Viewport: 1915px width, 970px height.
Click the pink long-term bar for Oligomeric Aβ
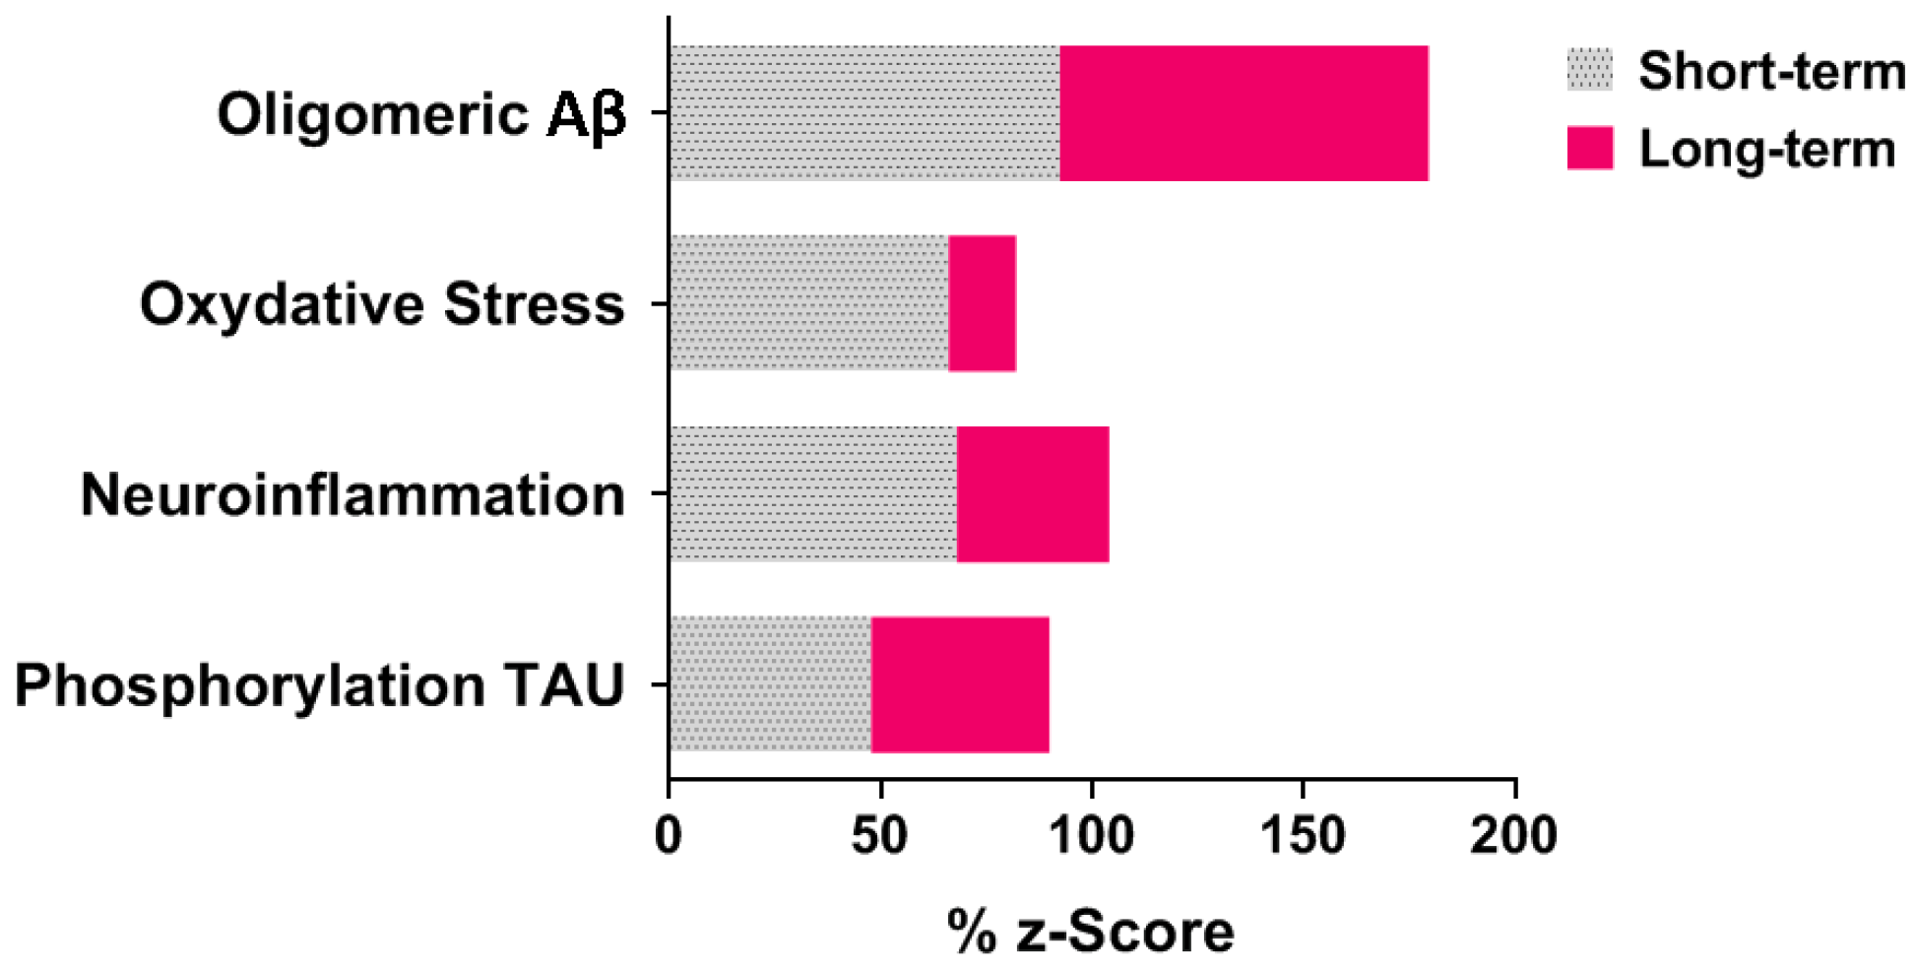click(1244, 113)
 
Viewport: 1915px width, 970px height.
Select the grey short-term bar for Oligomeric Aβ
click(864, 113)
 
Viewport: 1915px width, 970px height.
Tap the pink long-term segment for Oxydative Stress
click(983, 303)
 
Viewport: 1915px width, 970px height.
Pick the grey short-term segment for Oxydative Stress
click(808, 303)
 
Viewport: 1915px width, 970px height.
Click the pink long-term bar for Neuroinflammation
click(1033, 494)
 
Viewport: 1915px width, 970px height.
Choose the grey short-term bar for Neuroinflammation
click(812, 494)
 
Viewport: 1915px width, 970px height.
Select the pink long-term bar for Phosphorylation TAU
click(960, 684)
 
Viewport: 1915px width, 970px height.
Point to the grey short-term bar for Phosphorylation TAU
click(770, 684)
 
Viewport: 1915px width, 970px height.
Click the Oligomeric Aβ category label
click(421, 115)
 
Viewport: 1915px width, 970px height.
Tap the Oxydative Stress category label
click(382, 303)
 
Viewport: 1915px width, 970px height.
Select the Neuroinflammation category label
click(352, 494)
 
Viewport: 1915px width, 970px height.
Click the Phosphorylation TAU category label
click(319, 685)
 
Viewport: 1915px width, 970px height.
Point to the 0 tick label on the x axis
click(669, 835)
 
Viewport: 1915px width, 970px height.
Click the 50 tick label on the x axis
click(879, 835)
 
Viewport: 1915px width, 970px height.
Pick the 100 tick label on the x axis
click(1091, 835)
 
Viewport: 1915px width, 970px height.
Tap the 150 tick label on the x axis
click(1303, 835)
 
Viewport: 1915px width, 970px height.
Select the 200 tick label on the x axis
click(1514, 835)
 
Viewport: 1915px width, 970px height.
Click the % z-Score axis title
click(1091, 932)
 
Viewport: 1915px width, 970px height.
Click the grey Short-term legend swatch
click(1590, 71)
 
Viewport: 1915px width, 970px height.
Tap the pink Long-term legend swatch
click(1590, 148)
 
